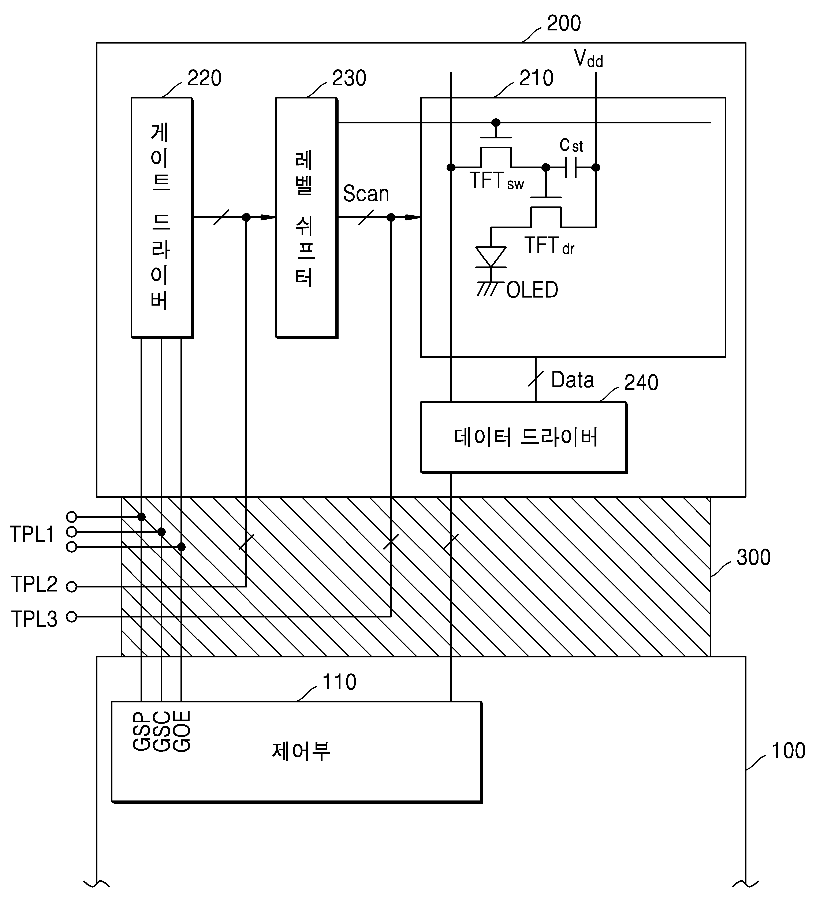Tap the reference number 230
pos(349,78)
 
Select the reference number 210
pos(536,78)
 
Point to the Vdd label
pos(588,59)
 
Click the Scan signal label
pos(366,194)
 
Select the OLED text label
pos(532,290)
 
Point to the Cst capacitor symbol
pos(570,168)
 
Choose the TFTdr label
pos(549,246)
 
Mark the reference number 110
pos(339,682)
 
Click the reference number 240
pos(641,382)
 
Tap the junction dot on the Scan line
pos(391,218)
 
